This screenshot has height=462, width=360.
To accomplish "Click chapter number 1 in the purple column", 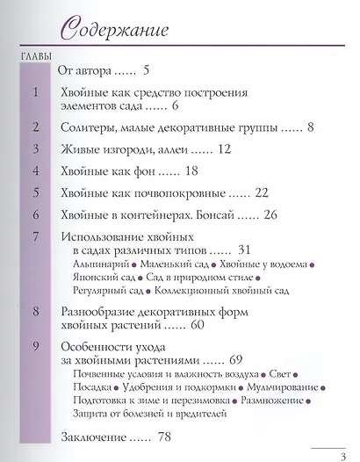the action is point(34,92).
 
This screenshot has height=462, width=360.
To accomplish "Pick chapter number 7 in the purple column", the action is point(34,236).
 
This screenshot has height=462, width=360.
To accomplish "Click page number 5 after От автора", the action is point(147,69).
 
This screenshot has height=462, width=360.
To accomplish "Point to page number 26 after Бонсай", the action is point(269,214).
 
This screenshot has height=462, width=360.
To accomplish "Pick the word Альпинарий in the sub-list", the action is point(99,264).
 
